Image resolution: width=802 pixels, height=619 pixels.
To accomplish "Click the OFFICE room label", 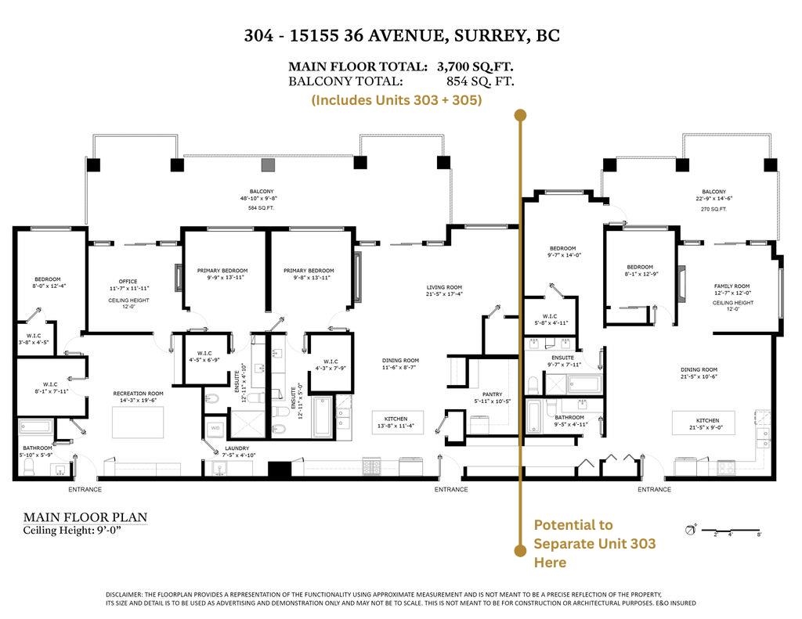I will click(x=128, y=281).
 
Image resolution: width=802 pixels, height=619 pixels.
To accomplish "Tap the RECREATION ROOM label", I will click(x=138, y=394).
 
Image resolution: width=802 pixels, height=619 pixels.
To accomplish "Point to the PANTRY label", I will click(x=492, y=394).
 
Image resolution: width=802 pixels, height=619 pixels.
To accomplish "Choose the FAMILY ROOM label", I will click(x=732, y=286).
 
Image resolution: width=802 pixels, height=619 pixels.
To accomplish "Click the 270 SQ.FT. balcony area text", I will click(x=713, y=210).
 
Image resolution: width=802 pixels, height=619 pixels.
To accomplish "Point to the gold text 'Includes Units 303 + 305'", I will click(x=396, y=100).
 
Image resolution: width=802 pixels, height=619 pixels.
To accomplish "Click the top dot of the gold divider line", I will click(x=519, y=116).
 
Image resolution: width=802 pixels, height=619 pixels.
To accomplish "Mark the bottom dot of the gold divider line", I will click(x=519, y=551).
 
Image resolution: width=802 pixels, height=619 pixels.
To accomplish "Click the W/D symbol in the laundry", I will click(x=214, y=428).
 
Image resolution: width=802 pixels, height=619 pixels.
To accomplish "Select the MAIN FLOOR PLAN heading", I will click(x=85, y=517).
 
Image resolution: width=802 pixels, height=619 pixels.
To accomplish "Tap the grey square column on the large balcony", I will click(x=268, y=164).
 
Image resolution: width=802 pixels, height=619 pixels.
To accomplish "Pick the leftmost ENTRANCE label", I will click(x=85, y=490).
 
